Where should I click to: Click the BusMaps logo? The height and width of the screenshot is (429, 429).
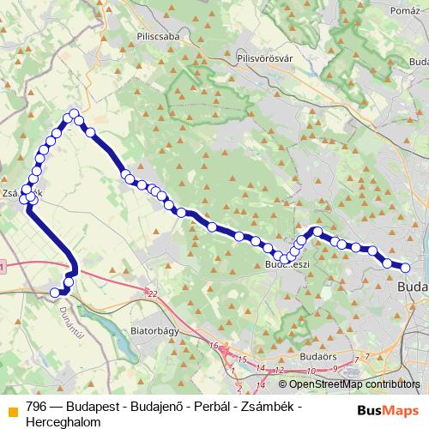point(390,408)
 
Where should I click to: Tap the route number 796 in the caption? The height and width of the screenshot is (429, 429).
point(36,405)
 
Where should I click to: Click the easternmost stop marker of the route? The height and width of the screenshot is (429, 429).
point(406,268)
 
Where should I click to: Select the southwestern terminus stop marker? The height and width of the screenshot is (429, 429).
point(55,293)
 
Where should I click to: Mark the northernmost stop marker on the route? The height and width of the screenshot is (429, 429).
point(75,114)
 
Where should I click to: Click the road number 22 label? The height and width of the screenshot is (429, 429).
point(153,294)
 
